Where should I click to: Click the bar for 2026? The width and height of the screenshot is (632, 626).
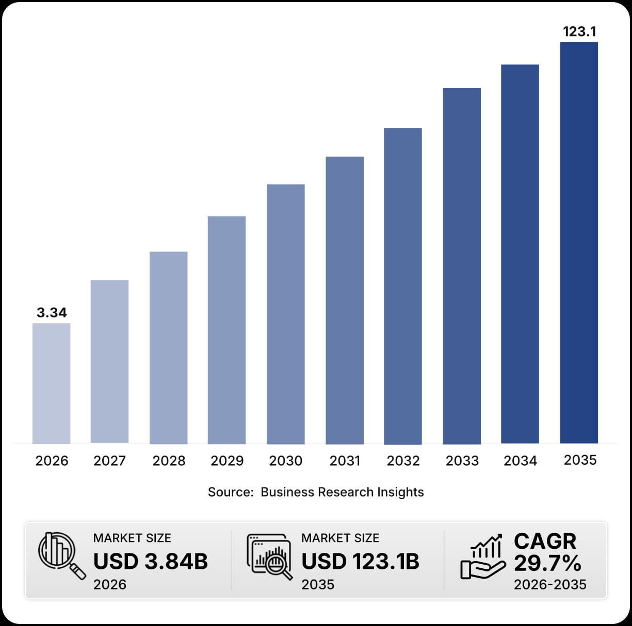(52, 383)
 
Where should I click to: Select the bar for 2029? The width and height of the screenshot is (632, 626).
(227, 330)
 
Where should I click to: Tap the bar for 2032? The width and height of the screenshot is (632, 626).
(403, 286)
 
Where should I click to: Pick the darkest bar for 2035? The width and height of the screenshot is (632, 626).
(579, 242)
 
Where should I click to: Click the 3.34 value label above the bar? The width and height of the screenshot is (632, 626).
(52, 313)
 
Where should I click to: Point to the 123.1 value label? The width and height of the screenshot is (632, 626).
(579, 32)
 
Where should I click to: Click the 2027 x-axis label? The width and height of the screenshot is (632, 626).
(109, 461)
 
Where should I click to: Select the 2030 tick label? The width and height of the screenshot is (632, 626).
(285, 461)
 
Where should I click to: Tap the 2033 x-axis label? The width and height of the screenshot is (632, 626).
(462, 461)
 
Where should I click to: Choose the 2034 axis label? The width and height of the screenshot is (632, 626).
(520, 461)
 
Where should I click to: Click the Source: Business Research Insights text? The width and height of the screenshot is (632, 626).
(316, 492)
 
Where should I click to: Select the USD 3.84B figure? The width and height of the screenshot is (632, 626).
(151, 562)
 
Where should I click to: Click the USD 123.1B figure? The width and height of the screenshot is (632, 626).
(361, 562)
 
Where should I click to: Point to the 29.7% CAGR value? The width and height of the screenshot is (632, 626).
(547, 563)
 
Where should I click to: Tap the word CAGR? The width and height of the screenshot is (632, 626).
(545, 542)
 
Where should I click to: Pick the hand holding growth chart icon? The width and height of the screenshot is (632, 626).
(482, 557)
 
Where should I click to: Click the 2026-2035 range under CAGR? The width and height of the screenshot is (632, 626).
(550, 585)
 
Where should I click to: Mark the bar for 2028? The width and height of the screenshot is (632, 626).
(169, 348)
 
